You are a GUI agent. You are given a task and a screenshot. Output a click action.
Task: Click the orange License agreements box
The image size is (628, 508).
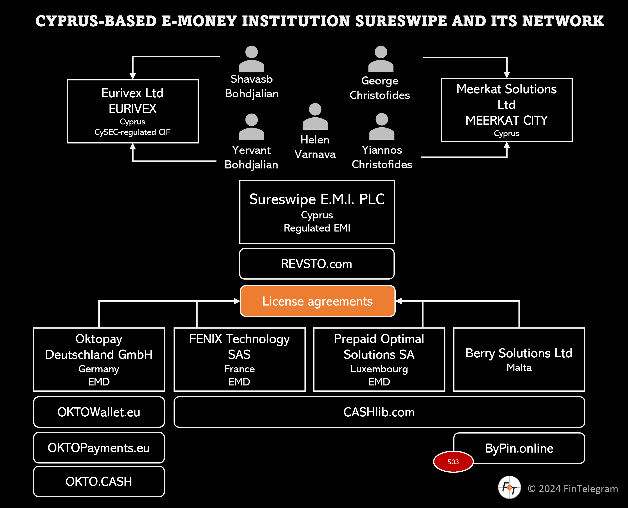[x=318, y=301]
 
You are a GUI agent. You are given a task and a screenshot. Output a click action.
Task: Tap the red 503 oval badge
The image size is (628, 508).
[x=453, y=462]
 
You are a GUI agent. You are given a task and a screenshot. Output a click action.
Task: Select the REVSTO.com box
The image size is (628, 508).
[x=317, y=264]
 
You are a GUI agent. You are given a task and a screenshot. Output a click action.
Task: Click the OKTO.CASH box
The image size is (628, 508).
[x=99, y=482]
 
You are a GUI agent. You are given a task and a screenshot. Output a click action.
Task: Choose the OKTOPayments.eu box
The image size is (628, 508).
[x=99, y=448]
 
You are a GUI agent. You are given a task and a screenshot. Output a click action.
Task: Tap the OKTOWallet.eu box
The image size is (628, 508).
[x=99, y=412]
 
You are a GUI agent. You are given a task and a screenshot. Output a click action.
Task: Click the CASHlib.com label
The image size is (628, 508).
[x=379, y=412]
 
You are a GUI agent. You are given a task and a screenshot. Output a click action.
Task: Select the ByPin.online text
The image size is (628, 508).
[x=519, y=448]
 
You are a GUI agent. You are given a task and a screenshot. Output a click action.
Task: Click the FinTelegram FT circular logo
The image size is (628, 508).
[x=509, y=488]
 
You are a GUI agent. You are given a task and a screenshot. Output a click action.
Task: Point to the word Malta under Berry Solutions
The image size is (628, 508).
[x=519, y=368]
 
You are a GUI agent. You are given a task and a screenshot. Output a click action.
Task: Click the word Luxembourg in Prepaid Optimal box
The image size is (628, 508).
[x=379, y=369]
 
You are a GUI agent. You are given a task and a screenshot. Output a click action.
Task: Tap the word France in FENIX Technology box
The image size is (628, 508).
[x=239, y=369]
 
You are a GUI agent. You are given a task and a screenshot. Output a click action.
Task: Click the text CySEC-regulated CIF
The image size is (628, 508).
[x=132, y=132]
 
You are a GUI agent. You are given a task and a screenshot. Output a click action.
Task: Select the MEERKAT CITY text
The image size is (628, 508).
[x=507, y=120]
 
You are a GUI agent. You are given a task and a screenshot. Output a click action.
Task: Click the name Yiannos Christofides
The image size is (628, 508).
[x=382, y=157]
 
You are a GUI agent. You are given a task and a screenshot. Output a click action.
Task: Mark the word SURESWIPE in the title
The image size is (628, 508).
[x=401, y=21]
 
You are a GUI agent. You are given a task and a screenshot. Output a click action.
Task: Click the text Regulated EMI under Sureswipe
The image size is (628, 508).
[x=317, y=228]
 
